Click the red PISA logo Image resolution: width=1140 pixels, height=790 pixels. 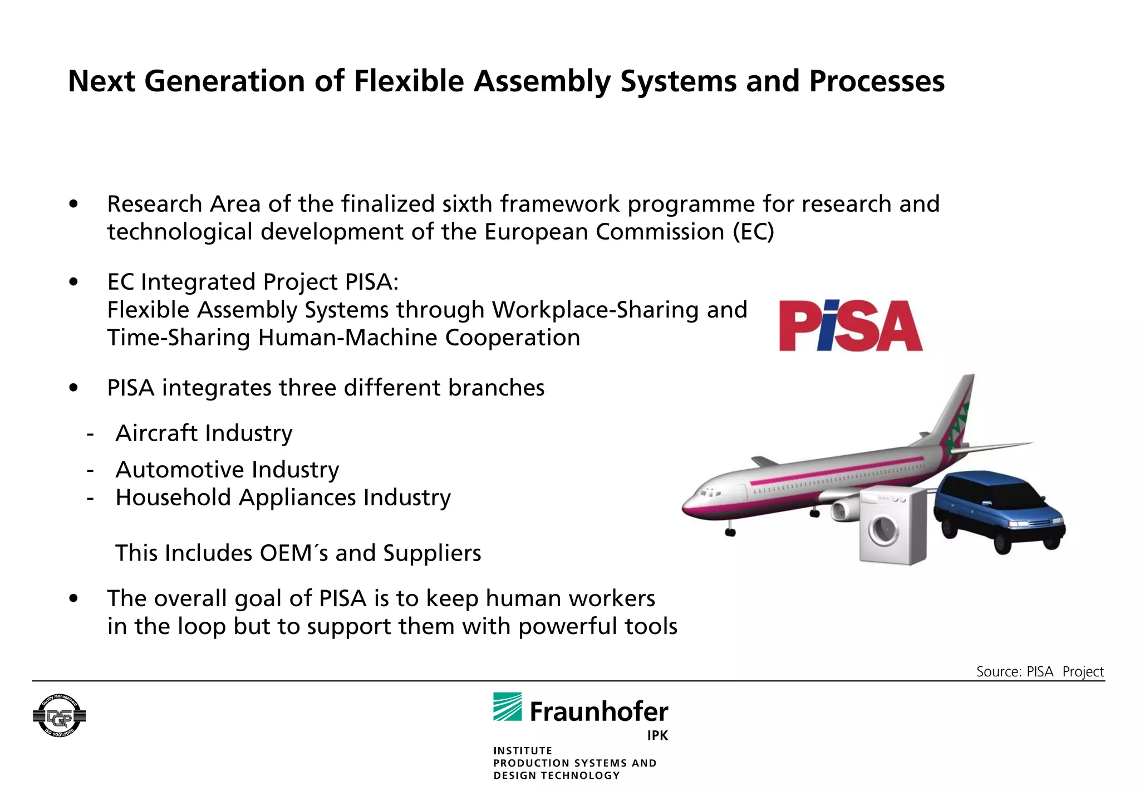pyautogui.click(x=850, y=326)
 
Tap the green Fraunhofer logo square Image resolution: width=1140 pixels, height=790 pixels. pyautogui.click(x=507, y=706)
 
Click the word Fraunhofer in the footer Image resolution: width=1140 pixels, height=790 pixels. pyautogui.click(x=599, y=712)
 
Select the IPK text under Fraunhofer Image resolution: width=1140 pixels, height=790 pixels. pyautogui.click(x=657, y=736)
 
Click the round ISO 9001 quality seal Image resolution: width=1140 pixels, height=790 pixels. pyautogui.click(x=59, y=716)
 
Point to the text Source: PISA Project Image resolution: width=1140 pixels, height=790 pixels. pyautogui.click(x=1039, y=671)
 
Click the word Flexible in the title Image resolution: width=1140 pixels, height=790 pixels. pyautogui.click(x=409, y=81)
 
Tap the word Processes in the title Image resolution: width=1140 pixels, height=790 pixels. pyautogui.click(x=876, y=81)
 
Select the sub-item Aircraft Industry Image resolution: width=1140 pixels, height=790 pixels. pyautogui.click(x=204, y=433)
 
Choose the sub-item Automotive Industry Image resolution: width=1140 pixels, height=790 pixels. pyautogui.click(x=227, y=470)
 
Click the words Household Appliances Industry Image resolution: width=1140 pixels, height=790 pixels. pyautogui.click(x=283, y=498)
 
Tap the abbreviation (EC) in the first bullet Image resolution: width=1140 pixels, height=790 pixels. pyautogui.click(x=753, y=232)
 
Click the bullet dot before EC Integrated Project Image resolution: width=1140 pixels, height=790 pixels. pyautogui.click(x=73, y=282)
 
